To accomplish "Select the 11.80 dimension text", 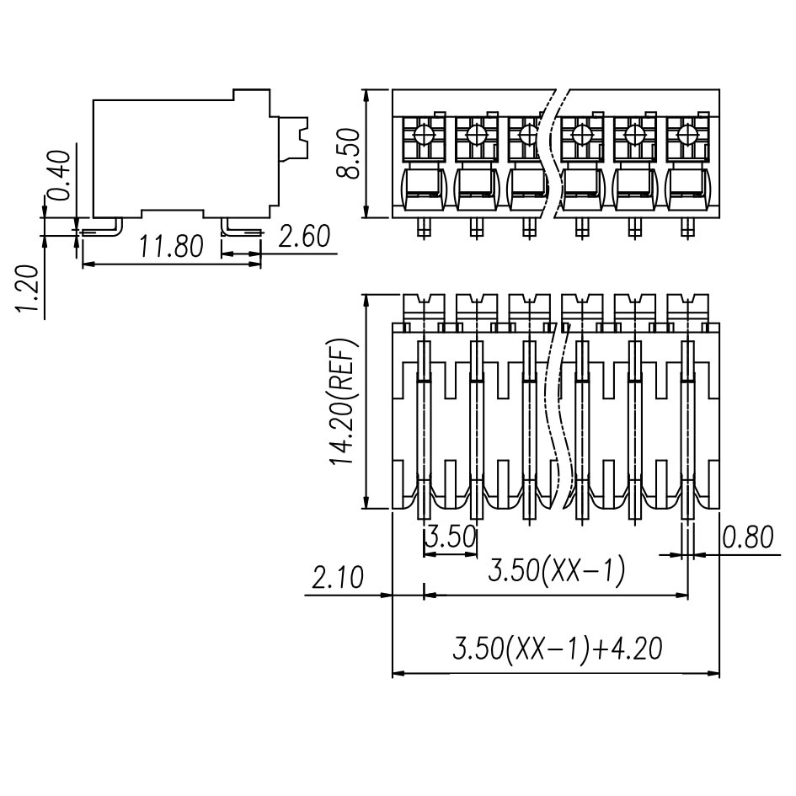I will (x=171, y=247).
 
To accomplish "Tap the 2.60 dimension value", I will (x=303, y=238).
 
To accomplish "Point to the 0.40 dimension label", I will (x=59, y=174).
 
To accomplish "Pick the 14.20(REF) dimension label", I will (x=345, y=403).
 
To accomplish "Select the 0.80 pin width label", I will (x=747, y=537).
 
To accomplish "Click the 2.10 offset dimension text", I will (x=338, y=579).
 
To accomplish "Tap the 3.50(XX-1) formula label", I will (x=557, y=572).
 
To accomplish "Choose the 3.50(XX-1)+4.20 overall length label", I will (x=557, y=649).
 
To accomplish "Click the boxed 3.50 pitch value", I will (x=450, y=537).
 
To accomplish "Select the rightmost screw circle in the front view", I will (x=686, y=134).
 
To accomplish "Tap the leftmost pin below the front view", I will (x=424, y=227).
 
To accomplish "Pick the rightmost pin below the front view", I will (x=686, y=227).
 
